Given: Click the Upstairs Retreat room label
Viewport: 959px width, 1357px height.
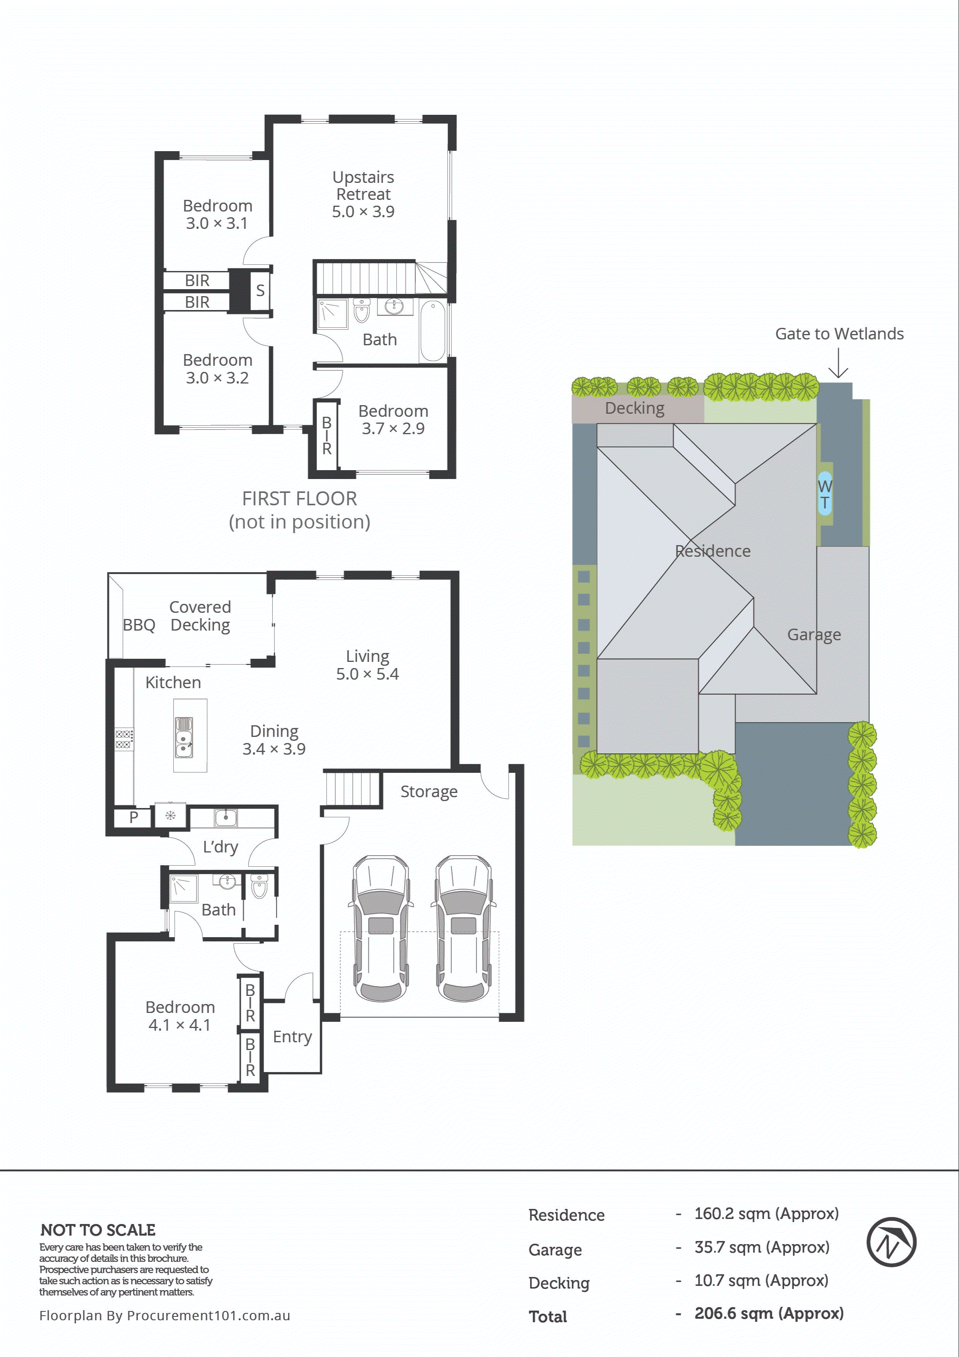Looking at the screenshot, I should click(363, 186).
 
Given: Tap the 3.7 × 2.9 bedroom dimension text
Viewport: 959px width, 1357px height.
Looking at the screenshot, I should click(393, 428).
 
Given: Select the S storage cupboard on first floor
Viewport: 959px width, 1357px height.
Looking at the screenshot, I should click(260, 290).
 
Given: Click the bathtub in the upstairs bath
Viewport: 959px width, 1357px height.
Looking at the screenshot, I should click(433, 331).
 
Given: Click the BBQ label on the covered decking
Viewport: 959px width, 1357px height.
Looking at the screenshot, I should click(139, 625).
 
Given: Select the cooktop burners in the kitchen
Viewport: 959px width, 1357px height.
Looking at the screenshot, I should click(123, 739).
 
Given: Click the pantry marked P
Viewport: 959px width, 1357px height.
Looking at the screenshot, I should click(133, 817).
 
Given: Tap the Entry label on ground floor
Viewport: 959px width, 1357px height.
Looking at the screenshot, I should click(292, 1036).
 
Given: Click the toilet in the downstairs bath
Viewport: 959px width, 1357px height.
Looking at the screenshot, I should click(259, 886).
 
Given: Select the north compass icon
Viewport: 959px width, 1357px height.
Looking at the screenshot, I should click(891, 1242).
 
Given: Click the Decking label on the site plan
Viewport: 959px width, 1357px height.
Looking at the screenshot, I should click(635, 408).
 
